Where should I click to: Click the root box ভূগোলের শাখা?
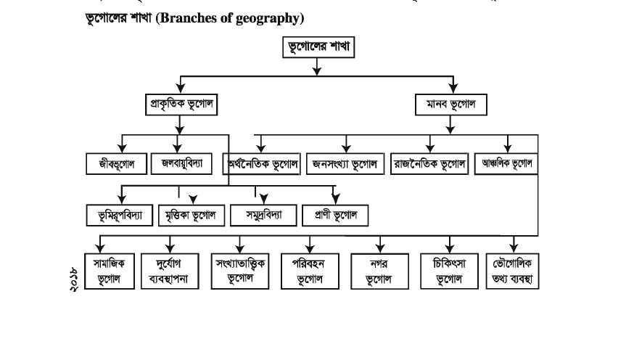coord(316,49)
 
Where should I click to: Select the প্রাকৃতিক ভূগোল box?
coord(181,105)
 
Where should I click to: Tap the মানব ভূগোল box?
coord(450,105)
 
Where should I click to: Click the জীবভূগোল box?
coord(116,163)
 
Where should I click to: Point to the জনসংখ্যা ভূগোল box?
coord(345,163)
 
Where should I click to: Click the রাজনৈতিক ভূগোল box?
coord(429,163)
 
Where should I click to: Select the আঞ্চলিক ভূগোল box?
coord(507,163)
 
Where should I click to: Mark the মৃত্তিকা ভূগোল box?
coord(190,215)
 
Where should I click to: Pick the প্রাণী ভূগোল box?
coord(335,215)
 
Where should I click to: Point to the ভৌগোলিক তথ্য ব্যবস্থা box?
coord(513,271)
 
